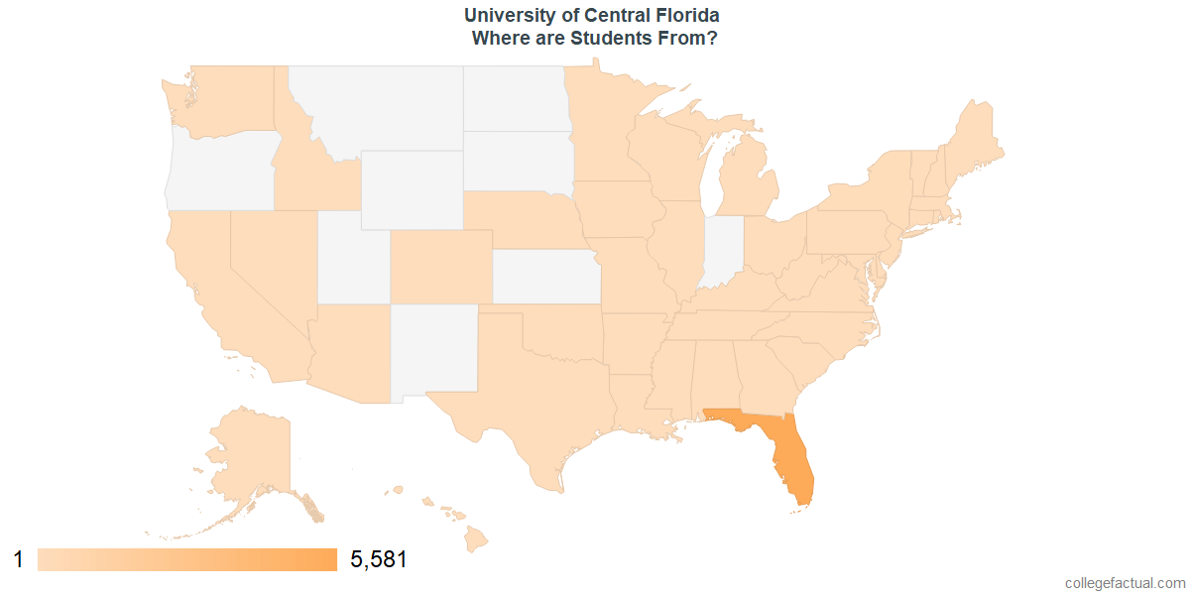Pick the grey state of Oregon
coord(218,169)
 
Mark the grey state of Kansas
coord(545,275)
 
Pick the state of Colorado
coord(441,266)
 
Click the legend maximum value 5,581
coord(379,560)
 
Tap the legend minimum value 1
coord(18,560)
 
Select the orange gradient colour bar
coord(187,560)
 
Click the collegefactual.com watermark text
coord(1124,583)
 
